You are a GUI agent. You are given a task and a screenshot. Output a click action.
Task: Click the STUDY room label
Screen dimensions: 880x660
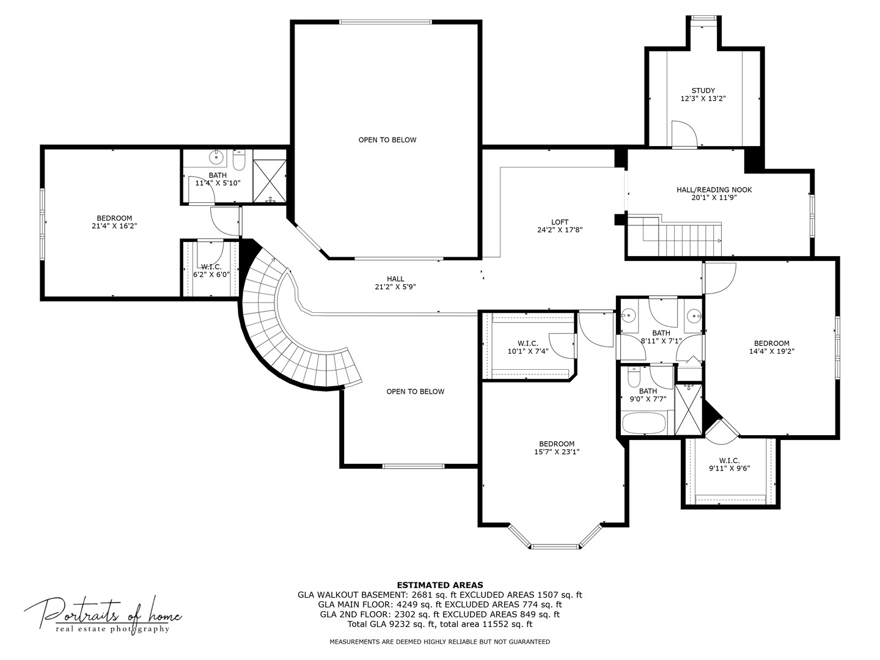703,90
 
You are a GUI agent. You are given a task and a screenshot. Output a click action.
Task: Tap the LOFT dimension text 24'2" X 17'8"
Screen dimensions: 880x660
560,230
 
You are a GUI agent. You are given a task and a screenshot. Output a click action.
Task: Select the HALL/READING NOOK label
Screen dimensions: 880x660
714,189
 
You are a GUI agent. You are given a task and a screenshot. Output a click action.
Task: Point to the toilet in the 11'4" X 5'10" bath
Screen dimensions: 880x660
239,159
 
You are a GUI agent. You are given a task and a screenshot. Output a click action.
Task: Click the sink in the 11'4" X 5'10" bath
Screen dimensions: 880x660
216,156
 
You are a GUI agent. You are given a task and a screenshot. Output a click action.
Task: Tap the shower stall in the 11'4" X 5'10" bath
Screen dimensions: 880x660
270,181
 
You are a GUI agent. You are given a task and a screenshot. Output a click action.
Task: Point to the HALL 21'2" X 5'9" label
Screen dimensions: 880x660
395,282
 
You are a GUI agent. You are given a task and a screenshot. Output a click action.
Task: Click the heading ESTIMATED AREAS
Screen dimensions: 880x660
440,585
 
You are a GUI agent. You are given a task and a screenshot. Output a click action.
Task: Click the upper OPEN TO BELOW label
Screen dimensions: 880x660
387,140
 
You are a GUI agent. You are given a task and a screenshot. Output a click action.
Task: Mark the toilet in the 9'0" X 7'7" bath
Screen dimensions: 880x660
634,376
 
